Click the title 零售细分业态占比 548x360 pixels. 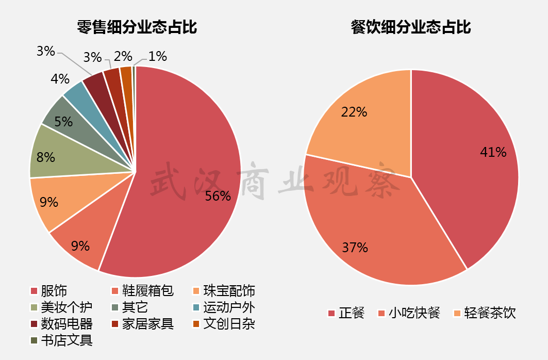(137, 27)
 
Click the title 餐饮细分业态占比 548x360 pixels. (411, 27)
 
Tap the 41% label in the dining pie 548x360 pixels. (493, 152)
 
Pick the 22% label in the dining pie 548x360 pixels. (354, 111)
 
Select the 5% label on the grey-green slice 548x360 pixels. (63, 122)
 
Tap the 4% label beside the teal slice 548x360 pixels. (60, 79)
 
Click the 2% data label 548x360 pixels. (123, 56)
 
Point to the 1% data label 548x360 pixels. (157, 56)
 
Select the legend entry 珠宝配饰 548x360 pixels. (229, 291)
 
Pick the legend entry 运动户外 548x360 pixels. (229, 308)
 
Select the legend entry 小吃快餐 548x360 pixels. (414, 313)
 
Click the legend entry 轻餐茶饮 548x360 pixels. (490, 313)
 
